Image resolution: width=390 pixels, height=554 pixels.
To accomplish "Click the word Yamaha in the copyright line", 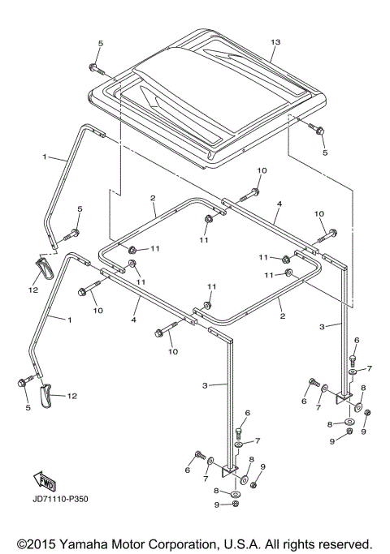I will tap(93, 543).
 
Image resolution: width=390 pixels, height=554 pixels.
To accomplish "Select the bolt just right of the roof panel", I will tap(315, 131).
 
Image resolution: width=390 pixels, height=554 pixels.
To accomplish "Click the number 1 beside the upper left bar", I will tap(45, 156).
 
